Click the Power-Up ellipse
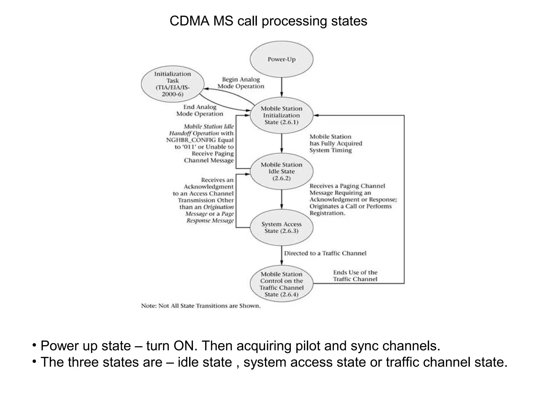click(x=282, y=59)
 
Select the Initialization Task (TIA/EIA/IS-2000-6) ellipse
click(x=172, y=84)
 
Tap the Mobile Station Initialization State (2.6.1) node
click(x=282, y=115)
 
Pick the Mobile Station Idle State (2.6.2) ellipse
click(x=282, y=171)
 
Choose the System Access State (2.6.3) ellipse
click(x=282, y=227)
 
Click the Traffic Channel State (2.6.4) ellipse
click(x=282, y=284)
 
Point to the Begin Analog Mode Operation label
click(x=241, y=83)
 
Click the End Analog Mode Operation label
click(x=200, y=110)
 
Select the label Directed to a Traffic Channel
click(x=325, y=253)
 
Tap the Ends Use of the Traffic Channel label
click(x=355, y=276)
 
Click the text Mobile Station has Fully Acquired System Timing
click(x=336, y=144)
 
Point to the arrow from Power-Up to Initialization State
click(x=282, y=87)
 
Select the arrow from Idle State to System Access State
click(x=282, y=199)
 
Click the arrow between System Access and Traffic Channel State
click(x=282, y=255)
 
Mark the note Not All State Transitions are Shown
click(x=201, y=306)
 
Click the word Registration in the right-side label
click(x=327, y=213)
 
